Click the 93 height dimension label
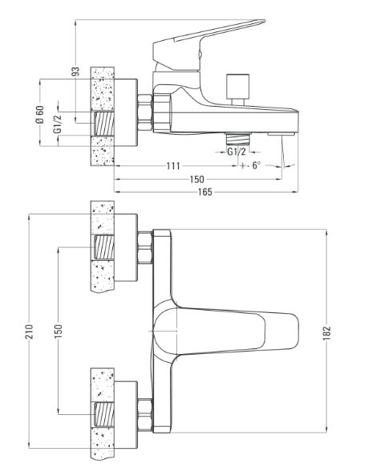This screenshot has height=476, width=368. pos(76,71)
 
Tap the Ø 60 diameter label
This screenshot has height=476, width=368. pos(40,115)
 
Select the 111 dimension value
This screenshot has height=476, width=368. pos(173,165)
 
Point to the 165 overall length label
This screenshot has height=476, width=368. pos(205,192)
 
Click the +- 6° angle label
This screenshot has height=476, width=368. pos(250,165)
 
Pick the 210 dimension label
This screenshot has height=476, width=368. pos(29,332)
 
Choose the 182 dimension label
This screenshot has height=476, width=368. pos(327,333)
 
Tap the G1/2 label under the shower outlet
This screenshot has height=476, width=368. pos(237,152)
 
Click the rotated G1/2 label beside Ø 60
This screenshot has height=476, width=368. pos(57,124)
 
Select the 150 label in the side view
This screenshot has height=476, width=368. pos(197,179)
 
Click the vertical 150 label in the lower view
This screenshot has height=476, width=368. pos(59,332)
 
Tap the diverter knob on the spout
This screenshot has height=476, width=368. pos(238,90)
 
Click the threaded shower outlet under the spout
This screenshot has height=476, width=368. pos(238,139)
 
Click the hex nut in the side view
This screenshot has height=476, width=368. pos(144,112)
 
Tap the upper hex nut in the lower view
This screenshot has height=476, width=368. pos(144,248)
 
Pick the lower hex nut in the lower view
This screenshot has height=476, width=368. pos(144,414)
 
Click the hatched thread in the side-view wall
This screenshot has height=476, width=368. pos(104,124)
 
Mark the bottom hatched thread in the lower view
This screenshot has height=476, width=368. pos(104,415)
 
